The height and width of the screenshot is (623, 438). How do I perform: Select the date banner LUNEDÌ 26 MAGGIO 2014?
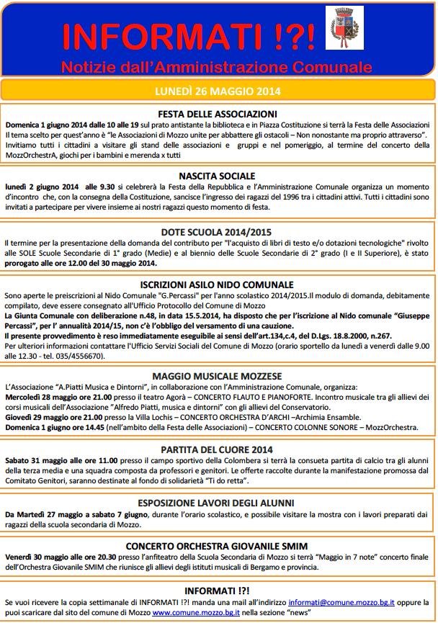click(218, 91)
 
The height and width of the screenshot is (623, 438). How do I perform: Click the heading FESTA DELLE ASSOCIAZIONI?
click(218, 114)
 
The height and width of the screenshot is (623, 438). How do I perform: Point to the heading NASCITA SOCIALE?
click(218, 175)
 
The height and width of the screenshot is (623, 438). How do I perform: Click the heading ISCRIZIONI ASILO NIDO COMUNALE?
click(218, 284)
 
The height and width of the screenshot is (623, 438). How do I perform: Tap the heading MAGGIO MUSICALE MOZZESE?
click(218, 376)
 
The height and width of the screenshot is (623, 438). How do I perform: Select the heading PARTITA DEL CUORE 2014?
click(218, 449)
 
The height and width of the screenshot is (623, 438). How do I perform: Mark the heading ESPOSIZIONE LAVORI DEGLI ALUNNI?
click(218, 503)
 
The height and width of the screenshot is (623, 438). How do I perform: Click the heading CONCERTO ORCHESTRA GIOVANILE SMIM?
click(218, 545)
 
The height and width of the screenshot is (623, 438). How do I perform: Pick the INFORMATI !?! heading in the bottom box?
click(218, 589)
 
